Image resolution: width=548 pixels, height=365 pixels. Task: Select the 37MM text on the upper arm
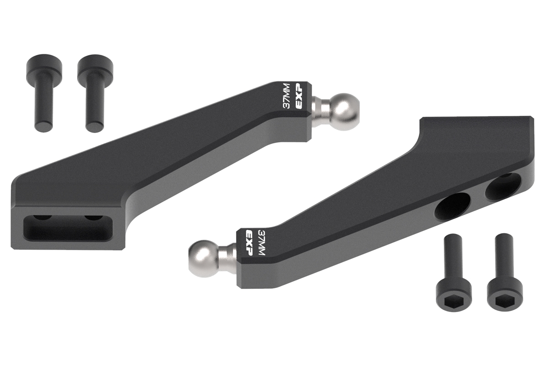click(286, 96)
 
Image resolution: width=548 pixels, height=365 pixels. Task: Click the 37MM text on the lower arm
click(262, 242)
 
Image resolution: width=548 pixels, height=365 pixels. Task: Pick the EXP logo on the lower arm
click(249, 243)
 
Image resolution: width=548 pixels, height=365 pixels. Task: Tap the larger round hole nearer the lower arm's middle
click(452, 207)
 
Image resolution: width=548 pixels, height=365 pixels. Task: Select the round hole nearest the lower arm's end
click(503, 186)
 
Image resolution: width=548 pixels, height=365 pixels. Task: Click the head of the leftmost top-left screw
click(44, 64)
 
